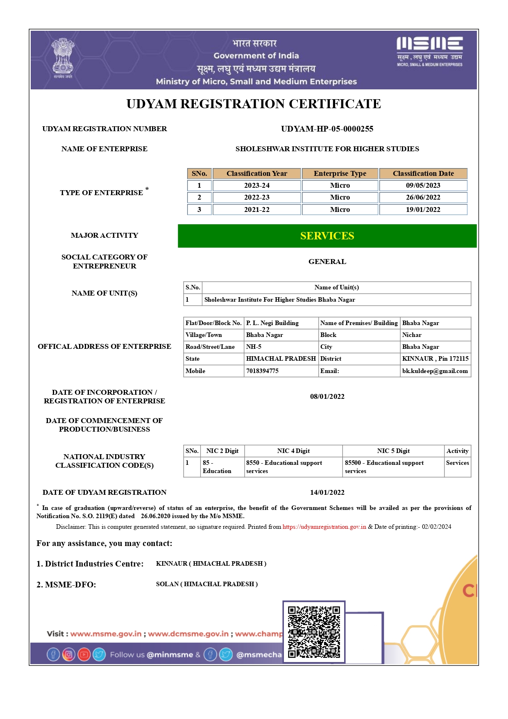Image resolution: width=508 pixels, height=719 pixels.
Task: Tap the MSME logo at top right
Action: [429, 51]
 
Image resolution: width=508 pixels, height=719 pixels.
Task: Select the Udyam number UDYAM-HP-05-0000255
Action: [327, 129]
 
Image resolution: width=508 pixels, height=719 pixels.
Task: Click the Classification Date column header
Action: [423, 173]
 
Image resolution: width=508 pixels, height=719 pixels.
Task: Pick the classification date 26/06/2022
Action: [423, 197]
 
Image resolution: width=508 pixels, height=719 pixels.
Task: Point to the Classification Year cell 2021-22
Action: [257, 209]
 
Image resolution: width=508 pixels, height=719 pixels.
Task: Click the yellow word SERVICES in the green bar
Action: [327, 236]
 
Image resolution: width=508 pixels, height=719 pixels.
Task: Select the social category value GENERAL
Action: [327, 262]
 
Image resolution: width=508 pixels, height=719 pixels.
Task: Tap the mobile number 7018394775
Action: [262, 371]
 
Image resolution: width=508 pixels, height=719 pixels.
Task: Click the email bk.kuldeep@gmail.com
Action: [435, 371]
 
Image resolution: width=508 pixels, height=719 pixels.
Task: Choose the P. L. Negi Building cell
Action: [272, 323]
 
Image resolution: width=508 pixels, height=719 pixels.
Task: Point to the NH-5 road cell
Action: [254, 347]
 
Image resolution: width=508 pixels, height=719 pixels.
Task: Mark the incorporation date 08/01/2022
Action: [327, 396]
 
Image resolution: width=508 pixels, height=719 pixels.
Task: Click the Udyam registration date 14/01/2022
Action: [327, 492]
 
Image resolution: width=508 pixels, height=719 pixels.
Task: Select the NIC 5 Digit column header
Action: [393, 451]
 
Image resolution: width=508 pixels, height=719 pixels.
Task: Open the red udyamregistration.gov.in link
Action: [324, 527]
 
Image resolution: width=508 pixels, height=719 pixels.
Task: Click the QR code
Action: [314, 632]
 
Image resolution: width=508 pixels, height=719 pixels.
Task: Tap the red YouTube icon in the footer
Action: [84, 654]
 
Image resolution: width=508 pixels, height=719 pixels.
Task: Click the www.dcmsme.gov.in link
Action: [188, 634]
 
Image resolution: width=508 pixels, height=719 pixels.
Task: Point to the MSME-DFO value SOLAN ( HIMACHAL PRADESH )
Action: [206, 584]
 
